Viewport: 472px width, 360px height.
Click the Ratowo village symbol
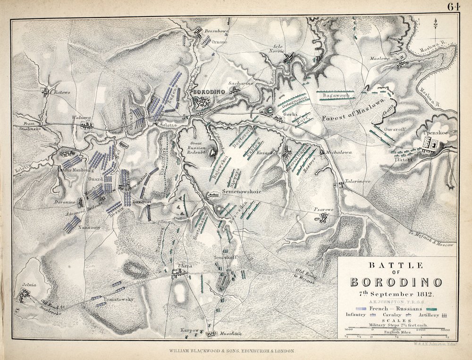click(x=45, y=92)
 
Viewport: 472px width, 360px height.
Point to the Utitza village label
click(x=183, y=266)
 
